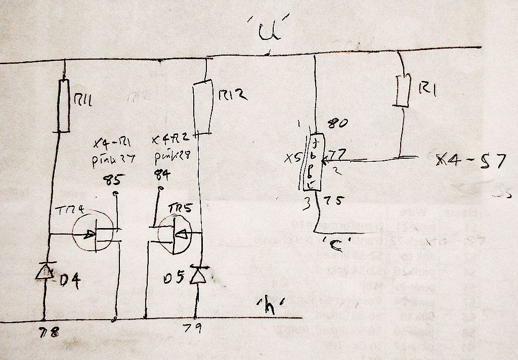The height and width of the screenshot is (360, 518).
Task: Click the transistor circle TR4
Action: [x=94, y=235]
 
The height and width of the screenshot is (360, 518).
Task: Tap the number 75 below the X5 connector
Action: [x=333, y=201]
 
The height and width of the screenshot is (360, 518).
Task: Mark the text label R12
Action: [x=232, y=95]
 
